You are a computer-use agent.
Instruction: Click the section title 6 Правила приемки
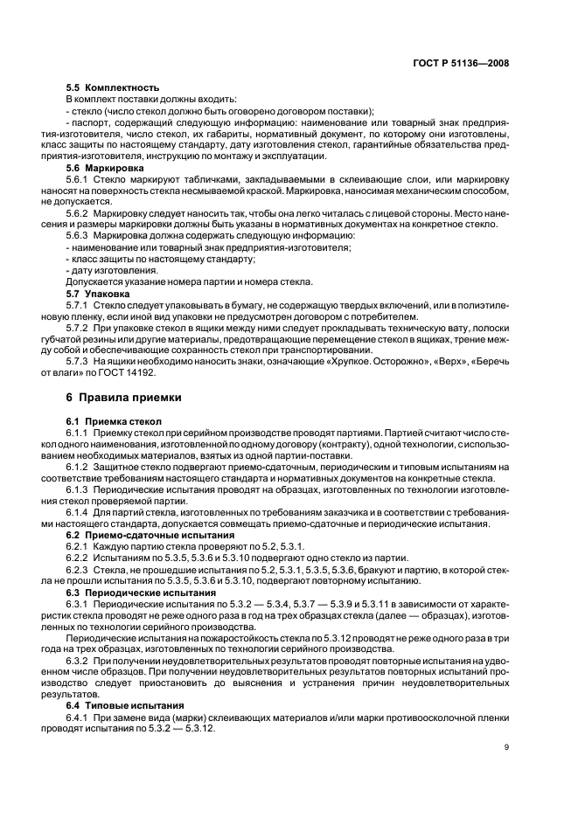tap(124, 397)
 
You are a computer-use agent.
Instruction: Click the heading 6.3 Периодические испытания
tap(129, 592)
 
